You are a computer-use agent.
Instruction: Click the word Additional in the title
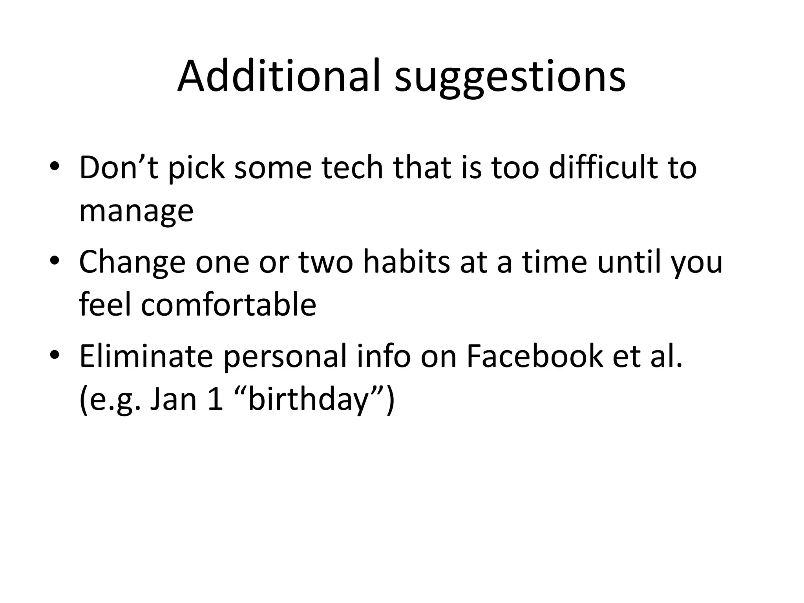point(279,77)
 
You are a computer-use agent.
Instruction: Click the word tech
point(352,168)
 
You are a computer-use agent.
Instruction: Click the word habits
point(407,262)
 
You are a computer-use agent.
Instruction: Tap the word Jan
point(173,400)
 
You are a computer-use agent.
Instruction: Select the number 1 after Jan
point(215,400)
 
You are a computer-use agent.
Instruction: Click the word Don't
point(119,168)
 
